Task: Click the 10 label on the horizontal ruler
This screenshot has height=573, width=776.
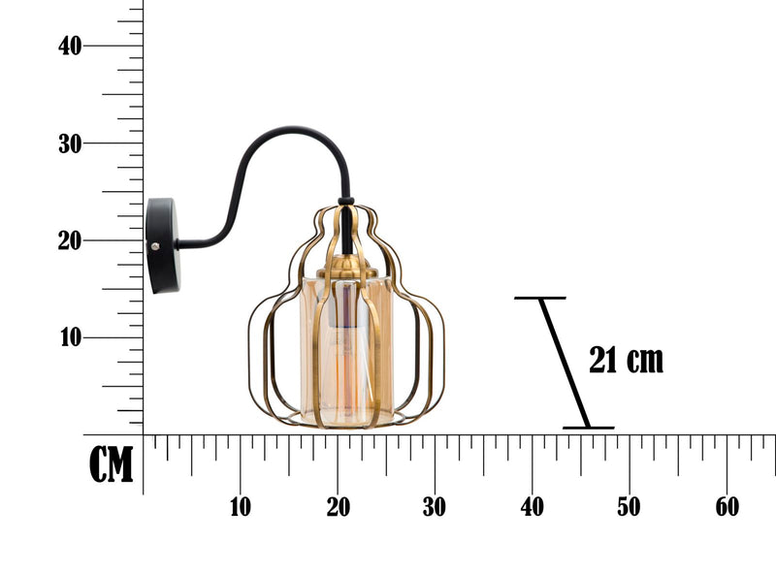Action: pyautogui.click(x=240, y=506)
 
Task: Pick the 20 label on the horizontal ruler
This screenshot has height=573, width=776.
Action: pyautogui.click(x=338, y=506)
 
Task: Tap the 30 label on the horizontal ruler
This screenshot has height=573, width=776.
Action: pyautogui.click(x=435, y=506)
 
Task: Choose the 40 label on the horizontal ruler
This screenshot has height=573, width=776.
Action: pyautogui.click(x=532, y=506)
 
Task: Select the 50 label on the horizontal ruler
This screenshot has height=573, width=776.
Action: pyautogui.click(x=630, y=506)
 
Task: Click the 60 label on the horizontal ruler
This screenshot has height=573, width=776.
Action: pyautogui.click(x=727, y=506)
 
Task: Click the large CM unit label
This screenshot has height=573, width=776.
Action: pyautogui.click(x=111, y=465)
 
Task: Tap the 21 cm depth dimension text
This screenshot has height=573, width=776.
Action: pyautogui.click(x=627, y=360)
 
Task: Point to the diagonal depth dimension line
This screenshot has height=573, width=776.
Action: pyautogui.click(x=564, y=363)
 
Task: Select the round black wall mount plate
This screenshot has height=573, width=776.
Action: pyautogui.click(x=159, y=245)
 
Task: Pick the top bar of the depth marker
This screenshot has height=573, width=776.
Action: pyautogui.click(x=539, y=298)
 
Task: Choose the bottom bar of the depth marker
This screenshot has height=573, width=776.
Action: pyautogui.click(x=588, y=428)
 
